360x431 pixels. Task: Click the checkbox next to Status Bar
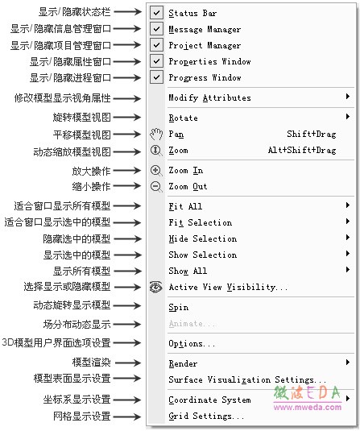point(156,13)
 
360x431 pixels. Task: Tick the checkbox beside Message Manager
point(156,29)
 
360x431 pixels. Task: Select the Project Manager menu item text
point(205,46)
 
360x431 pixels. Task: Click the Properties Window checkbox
point(156,61)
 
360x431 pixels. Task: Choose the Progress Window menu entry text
point(205,78)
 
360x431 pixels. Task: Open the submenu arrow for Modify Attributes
point(348,96)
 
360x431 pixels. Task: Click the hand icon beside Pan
point(156,135)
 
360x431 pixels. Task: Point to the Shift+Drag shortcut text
point(312,135)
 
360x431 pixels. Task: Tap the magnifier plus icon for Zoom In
point(156,171)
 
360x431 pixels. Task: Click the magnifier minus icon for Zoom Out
point(156,187)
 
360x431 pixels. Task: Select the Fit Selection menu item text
point(201,222)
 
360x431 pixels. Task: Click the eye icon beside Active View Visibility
point(155,287)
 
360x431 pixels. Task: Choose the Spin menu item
point(179,307)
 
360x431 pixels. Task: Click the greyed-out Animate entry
point(192,324)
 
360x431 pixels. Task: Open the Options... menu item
point(192,344)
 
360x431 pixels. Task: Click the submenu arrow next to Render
point(348,362)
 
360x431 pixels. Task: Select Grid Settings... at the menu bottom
point(206,416)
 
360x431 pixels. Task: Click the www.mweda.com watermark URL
point(308,407)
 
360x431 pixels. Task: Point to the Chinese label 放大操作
point(91,171)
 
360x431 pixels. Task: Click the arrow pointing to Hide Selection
point(127,238)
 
